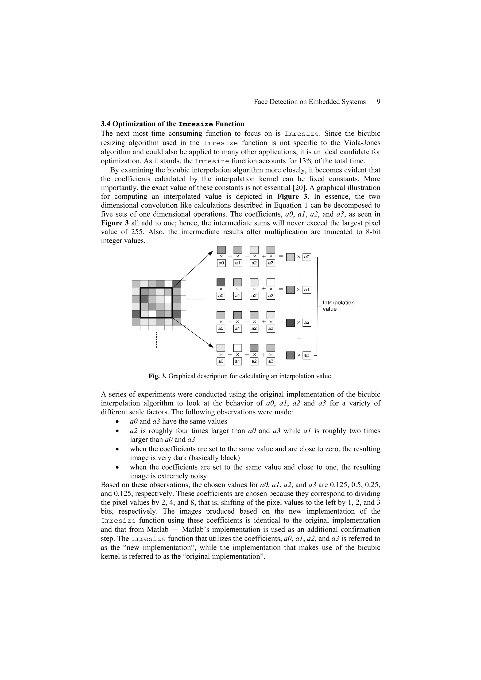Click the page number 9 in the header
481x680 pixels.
click(x=378, y=102)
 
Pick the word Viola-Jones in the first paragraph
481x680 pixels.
click(x=362, y=143)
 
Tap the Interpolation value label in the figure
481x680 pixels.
click(x=338, y=306)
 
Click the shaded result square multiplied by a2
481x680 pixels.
click(x=291, y=323)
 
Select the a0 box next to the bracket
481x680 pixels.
click(x=307, y=257)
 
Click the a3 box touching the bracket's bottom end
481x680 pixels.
click(x=307, y=355)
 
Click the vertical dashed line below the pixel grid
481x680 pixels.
click(x=156, y=340)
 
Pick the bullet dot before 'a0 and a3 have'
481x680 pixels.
click(x=118, y=422)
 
